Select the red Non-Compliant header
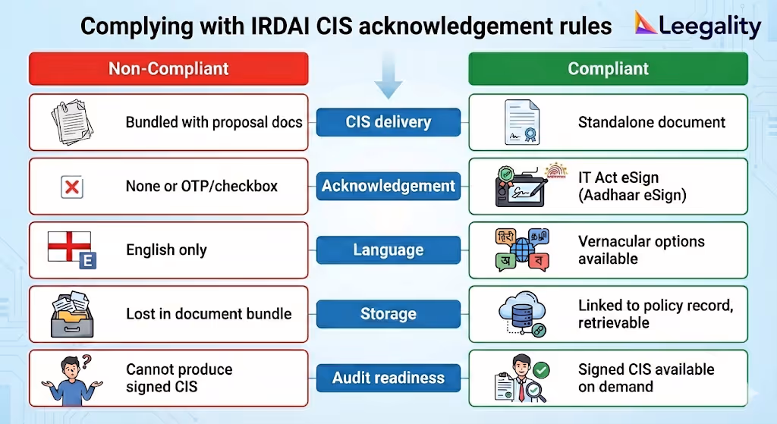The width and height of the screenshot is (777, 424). coord(168,68)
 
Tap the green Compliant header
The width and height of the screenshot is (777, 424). coord(608,68)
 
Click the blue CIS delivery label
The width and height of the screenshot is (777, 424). coord(388,122)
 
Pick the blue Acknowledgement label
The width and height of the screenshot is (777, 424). coord(388,186)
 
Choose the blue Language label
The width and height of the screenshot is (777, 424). coord(388,250)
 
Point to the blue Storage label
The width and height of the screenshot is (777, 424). coord(388,313)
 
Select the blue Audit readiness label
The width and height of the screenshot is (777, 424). coord(388,377)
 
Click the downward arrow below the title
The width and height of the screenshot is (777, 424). coord(388,80)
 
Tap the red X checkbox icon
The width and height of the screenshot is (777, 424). coord(72,187)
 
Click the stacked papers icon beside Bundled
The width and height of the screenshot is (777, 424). coord(72,121)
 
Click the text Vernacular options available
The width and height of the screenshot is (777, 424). coord(641,250)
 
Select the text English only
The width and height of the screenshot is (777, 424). coord(166,250)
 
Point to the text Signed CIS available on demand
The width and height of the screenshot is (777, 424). coord(646,377)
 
